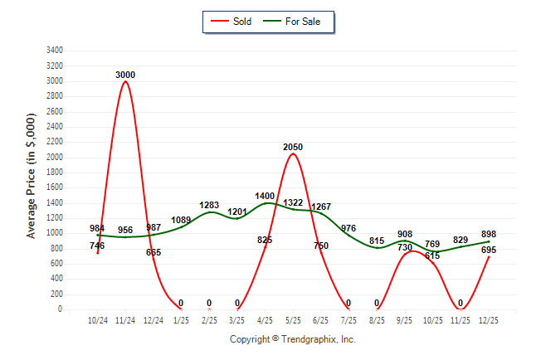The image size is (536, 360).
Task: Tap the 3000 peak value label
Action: pos(125,75)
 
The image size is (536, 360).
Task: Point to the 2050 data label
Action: pos(293,147)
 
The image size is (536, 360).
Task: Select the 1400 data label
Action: pos(265,195)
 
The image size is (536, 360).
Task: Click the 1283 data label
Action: pos(209,205)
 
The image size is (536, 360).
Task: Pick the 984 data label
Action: pos(98,228)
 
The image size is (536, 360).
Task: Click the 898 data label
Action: pos(488,234)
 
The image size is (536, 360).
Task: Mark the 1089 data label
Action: pos(181,220)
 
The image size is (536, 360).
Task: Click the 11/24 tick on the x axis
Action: pos(125,319)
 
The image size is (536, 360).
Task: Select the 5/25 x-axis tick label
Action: pos(293,319)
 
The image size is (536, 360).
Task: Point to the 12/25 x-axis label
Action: pos(489,319)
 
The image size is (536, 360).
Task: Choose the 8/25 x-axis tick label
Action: pos(377,319)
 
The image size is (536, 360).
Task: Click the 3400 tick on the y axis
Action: pos(54,51)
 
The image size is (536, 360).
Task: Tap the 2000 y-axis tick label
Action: pos(54,158)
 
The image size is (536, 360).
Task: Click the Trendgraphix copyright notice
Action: pos(292,339)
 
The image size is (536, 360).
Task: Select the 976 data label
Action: pos(348,228)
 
